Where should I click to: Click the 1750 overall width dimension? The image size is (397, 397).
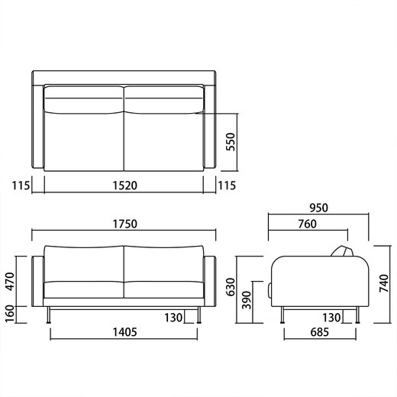(x=124, y=224)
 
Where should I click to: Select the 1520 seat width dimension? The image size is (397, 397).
(x=124, y=186)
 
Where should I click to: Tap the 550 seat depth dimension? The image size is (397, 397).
(x=231, y=142)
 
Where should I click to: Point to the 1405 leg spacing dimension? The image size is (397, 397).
(x=124, y=332)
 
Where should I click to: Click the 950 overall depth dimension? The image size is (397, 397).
(x=318, y=208)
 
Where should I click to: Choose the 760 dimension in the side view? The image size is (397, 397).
(x=308, y=224)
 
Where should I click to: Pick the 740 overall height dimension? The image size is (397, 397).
(x=384, y=283)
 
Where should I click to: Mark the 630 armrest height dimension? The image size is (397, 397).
(x=231, y=287)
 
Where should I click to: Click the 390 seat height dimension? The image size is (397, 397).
(x=246, y=300)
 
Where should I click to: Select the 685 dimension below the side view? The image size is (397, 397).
(x=320, y=332)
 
